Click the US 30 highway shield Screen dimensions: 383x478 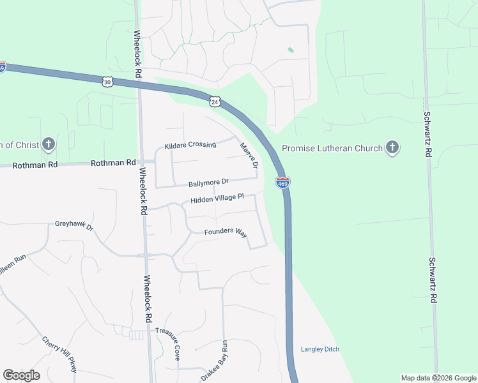(107, 82)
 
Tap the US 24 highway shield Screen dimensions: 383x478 (215, 101)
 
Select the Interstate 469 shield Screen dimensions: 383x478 (282, 183)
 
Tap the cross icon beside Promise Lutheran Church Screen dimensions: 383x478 (392, 148)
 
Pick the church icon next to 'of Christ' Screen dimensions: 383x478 (48, 144)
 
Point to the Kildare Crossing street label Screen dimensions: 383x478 (190, 146)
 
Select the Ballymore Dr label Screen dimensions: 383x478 (208, 183)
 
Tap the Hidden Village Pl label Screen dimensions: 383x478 (217, 199)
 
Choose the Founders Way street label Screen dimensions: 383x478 (226, 232)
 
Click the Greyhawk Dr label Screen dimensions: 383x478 (74, 225)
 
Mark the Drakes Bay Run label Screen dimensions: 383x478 (215, 361)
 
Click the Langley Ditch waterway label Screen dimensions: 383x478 (320, 349)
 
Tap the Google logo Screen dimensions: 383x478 (21, 375)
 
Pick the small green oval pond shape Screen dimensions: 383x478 (291, 49)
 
